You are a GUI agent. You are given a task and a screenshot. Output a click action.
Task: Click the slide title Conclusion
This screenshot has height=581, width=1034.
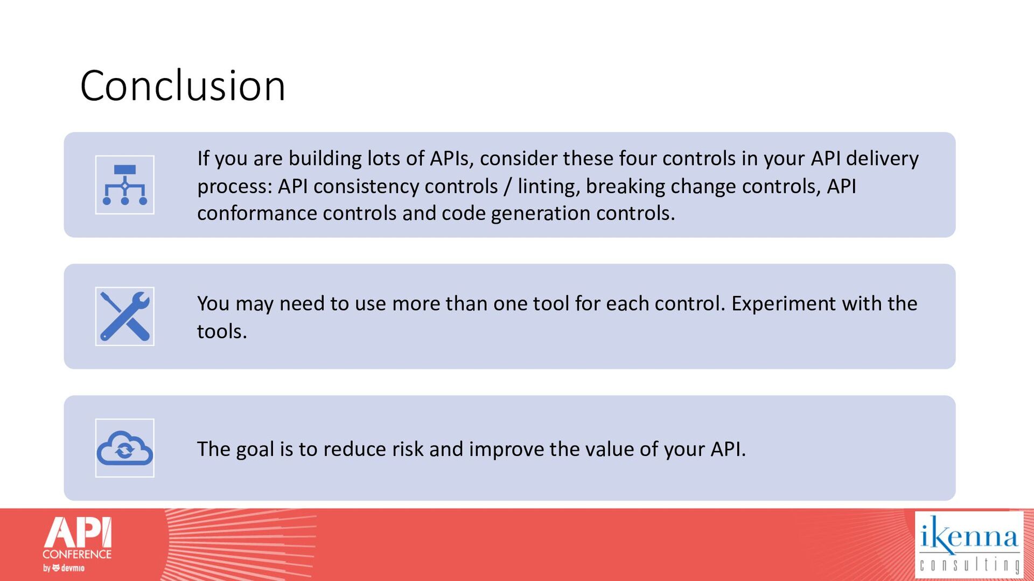[x=183, y=86]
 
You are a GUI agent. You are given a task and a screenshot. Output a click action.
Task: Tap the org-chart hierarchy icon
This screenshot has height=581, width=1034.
[x=125, y=185]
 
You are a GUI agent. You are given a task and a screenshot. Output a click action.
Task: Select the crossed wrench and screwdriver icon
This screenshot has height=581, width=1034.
[x=125, y=316]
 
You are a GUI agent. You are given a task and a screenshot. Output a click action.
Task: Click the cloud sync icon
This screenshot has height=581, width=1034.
[x=125, y=448]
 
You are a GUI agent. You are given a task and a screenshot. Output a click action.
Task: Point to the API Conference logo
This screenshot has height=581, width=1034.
[x=77, y=544]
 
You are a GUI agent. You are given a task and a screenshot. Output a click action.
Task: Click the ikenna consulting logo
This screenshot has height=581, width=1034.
[x=969, y=544]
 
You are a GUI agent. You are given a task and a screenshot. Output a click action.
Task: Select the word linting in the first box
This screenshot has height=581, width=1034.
[x=548, y=186]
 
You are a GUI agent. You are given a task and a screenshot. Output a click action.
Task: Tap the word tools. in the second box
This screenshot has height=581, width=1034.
[x=222, y=331]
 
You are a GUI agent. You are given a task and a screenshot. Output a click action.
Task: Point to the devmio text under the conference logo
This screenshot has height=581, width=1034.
[x=73, y=568]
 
